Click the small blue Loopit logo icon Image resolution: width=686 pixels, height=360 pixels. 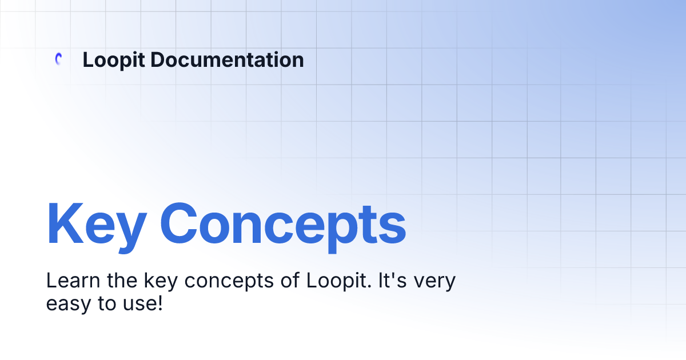(58, 59)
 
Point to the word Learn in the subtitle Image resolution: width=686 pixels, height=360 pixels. (65, 281)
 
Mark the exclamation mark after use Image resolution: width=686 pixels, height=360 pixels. (159, 303)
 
